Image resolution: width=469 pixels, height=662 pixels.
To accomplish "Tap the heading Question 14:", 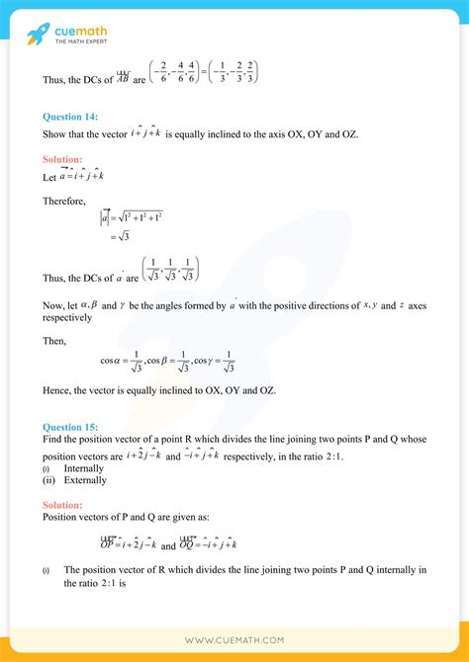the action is [x=70, y=117].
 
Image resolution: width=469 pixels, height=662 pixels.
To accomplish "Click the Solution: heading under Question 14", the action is [x=62, y=159].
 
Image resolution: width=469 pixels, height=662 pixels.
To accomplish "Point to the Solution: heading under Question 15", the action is [x=62, y=504].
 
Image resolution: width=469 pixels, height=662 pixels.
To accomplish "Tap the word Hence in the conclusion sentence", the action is [x=57, y=391].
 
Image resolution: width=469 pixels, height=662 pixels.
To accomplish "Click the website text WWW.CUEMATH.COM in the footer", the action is [x=234, y=641].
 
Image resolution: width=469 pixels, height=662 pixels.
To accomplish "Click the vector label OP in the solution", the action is [x=107, y=543].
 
